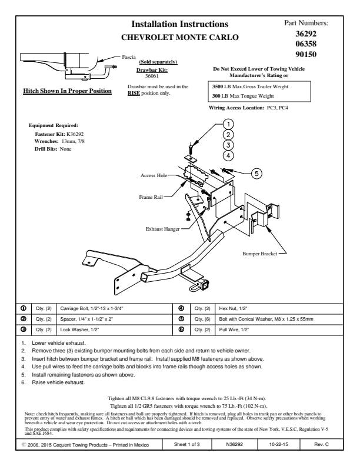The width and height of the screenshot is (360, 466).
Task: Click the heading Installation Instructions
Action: pyautogui.click(x=179, y=24)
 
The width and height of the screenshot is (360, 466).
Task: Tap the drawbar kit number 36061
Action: pyautogui.click(x=153, y=76)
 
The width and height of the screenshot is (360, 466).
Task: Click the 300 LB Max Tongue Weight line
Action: pyautogui.click(x=243, y=96)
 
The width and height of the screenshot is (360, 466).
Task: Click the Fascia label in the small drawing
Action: pyautogui.click(x=128, y=59)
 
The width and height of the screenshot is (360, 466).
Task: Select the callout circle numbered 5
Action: pyautogui.click(x=257, y=173)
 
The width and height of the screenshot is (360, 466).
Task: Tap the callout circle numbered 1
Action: pyautogui.click(x=229, y=124)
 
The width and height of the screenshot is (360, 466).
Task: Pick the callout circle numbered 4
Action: pyautogui.click(x=229, y=155)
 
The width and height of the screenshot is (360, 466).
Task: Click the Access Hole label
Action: pyautogui.click(x=154, y=175)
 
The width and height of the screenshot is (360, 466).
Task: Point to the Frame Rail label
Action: pyautogui.click(x=151, y=197)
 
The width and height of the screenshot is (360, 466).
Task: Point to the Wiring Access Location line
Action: pyautogui.click(x=248, y=108)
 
